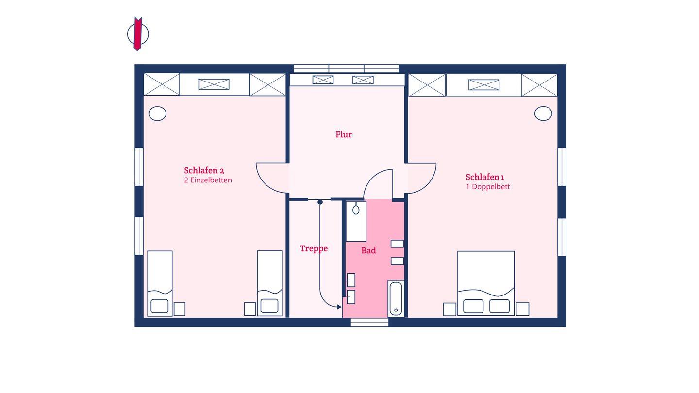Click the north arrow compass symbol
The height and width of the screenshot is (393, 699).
coord(138,33)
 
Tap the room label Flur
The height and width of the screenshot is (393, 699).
coord(344,134)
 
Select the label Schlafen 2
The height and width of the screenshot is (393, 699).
coord(204,171)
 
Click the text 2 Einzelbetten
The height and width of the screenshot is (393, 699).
coord(208,180)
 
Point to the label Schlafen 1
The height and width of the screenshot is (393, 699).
coord(485,177)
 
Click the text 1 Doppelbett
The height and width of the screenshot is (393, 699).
coord(488,187)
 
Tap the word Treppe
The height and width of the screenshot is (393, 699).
coord(314,248)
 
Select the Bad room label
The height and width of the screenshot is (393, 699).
coord(368,250)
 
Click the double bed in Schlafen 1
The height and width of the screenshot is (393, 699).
coord(486,283)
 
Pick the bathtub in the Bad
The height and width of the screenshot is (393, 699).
coord(396,298)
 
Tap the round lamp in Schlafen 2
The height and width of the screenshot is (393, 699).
coord(157,114)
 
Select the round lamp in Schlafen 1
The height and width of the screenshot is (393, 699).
coord(543,114)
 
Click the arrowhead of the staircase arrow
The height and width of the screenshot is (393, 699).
coord(339,307)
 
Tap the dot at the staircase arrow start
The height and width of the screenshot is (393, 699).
coord(320,202)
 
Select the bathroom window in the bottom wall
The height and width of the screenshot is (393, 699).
coord(369,322)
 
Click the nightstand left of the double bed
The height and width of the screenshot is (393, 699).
coord(449,309)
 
